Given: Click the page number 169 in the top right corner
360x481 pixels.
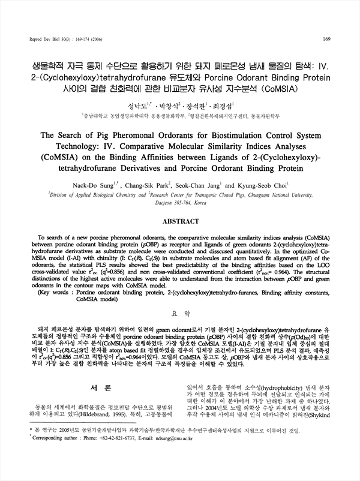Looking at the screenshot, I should [327, 40].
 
